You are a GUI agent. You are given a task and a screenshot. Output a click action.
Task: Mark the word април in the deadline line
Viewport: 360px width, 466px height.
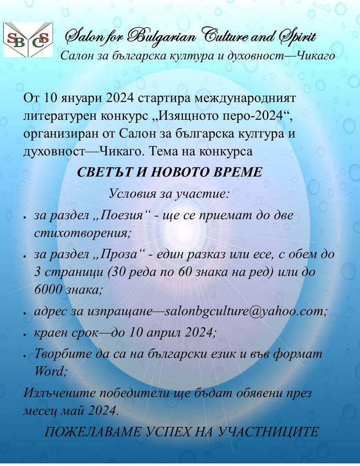[x=164, y=333]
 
